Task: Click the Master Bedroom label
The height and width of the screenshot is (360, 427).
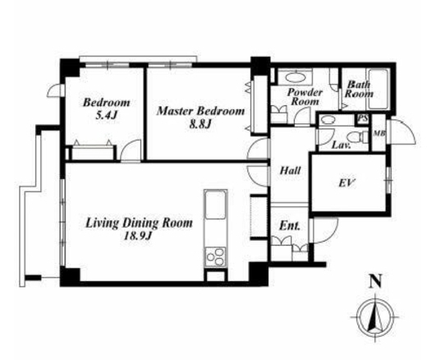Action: pyautogui.click(x=201, y=111)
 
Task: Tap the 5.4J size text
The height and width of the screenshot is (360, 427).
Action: pyautogui.click(x=107, y=115)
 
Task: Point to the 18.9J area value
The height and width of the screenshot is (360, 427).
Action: pyautogui.click(x=138, y=235)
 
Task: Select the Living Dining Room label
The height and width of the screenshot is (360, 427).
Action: pyautogui.click(x=139, y=223)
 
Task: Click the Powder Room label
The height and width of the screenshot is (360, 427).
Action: pyautogui.click(x=305, y=97)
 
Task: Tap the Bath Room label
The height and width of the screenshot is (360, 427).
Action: pyautogui.click(x=359, y=89)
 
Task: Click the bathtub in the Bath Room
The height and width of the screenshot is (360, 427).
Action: pyautogui.click(x=379, y=89)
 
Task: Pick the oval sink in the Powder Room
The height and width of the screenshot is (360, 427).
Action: pyautogui.click(x=295, y=76)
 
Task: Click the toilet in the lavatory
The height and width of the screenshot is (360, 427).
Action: pyautogui.click(x=357, y=136)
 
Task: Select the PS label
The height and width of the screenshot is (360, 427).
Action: pyautogui.click(x=363, y=119)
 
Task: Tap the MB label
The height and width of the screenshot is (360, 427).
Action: pyautogui.click(x=379, y=133)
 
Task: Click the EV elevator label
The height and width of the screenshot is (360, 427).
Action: pyautogui.click(x=347, y=182)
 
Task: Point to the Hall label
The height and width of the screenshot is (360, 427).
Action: pyautogui.click(x=290, y=171)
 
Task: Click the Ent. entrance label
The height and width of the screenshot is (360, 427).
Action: pyautogui.click(x=290, y=226)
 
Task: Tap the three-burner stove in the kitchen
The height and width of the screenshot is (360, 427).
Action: pyautogui.click(x=216, y=256)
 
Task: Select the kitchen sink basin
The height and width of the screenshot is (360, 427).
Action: pyautogui.click(x=216, y=205)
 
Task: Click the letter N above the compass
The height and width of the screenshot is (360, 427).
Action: pyautogui.click(x=376, y=281)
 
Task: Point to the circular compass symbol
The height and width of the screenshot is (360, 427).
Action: pyautogui.click(x=376, y=317)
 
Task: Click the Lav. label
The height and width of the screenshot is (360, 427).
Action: pyautogui.click(x=341, y=145)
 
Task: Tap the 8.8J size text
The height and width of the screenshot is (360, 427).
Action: pyautogui.click(x=201, y=124)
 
